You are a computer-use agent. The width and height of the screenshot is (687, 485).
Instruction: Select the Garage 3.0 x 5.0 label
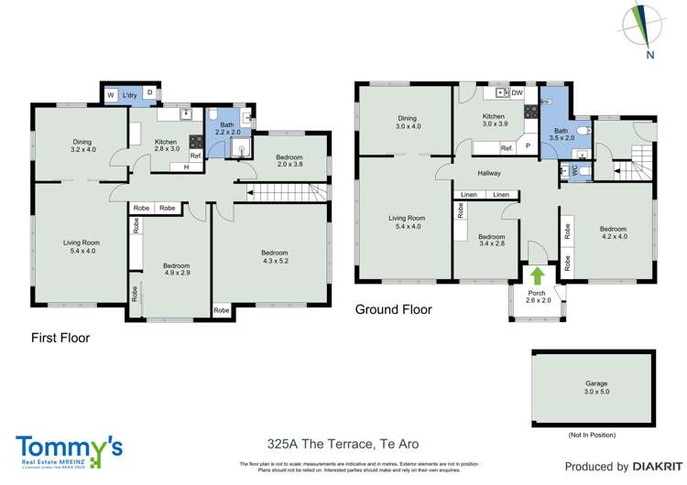click(596, 387)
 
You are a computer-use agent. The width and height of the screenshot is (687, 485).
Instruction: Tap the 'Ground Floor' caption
click(393, 309)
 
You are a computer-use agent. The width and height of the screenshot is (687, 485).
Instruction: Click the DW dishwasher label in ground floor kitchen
click(518, 92)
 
